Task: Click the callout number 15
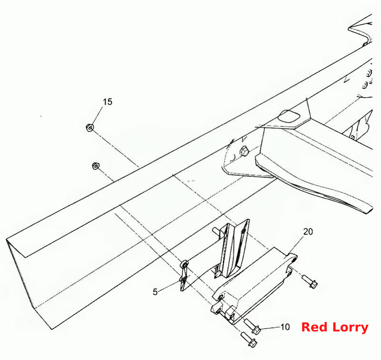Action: (x=108, y=102)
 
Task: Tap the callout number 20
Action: (x=308, y=232)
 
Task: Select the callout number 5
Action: (x=155, y=292)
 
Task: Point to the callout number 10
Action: (x=285, y=327)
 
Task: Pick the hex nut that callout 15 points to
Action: (x=90, y=127)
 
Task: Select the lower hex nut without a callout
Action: (x=96, y=166)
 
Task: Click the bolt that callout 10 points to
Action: (x=252, y=326)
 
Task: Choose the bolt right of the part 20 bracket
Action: (x=310, y=281)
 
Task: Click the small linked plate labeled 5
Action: (x=184, y=275)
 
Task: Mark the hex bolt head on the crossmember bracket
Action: (x=244, y=150)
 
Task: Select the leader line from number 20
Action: (x=296, y=245)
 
